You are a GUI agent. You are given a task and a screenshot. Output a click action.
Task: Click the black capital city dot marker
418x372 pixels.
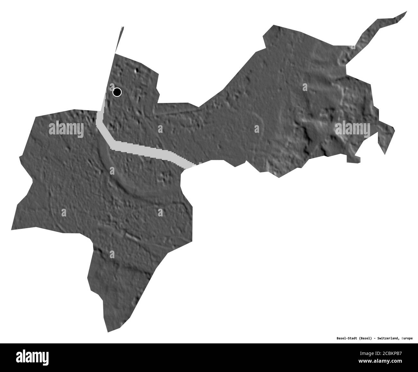click(x=117, y=92)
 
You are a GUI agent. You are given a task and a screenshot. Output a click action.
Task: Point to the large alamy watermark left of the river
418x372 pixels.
click(x=66, y=129)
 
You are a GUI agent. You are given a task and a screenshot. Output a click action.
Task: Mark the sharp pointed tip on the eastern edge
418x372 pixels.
click(x=385, y=154)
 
